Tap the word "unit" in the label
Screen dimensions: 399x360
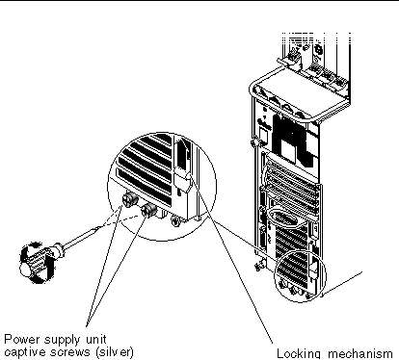95,339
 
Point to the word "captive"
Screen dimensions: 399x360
25,352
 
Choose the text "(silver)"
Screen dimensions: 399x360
115,352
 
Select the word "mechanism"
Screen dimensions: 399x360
360,354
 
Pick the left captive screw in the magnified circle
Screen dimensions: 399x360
130,199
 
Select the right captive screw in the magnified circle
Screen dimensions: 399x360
149,210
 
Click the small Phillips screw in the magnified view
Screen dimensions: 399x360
175,220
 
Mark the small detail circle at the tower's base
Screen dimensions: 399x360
300,276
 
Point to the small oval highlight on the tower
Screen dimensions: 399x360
285,219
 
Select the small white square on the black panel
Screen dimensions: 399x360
288,151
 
